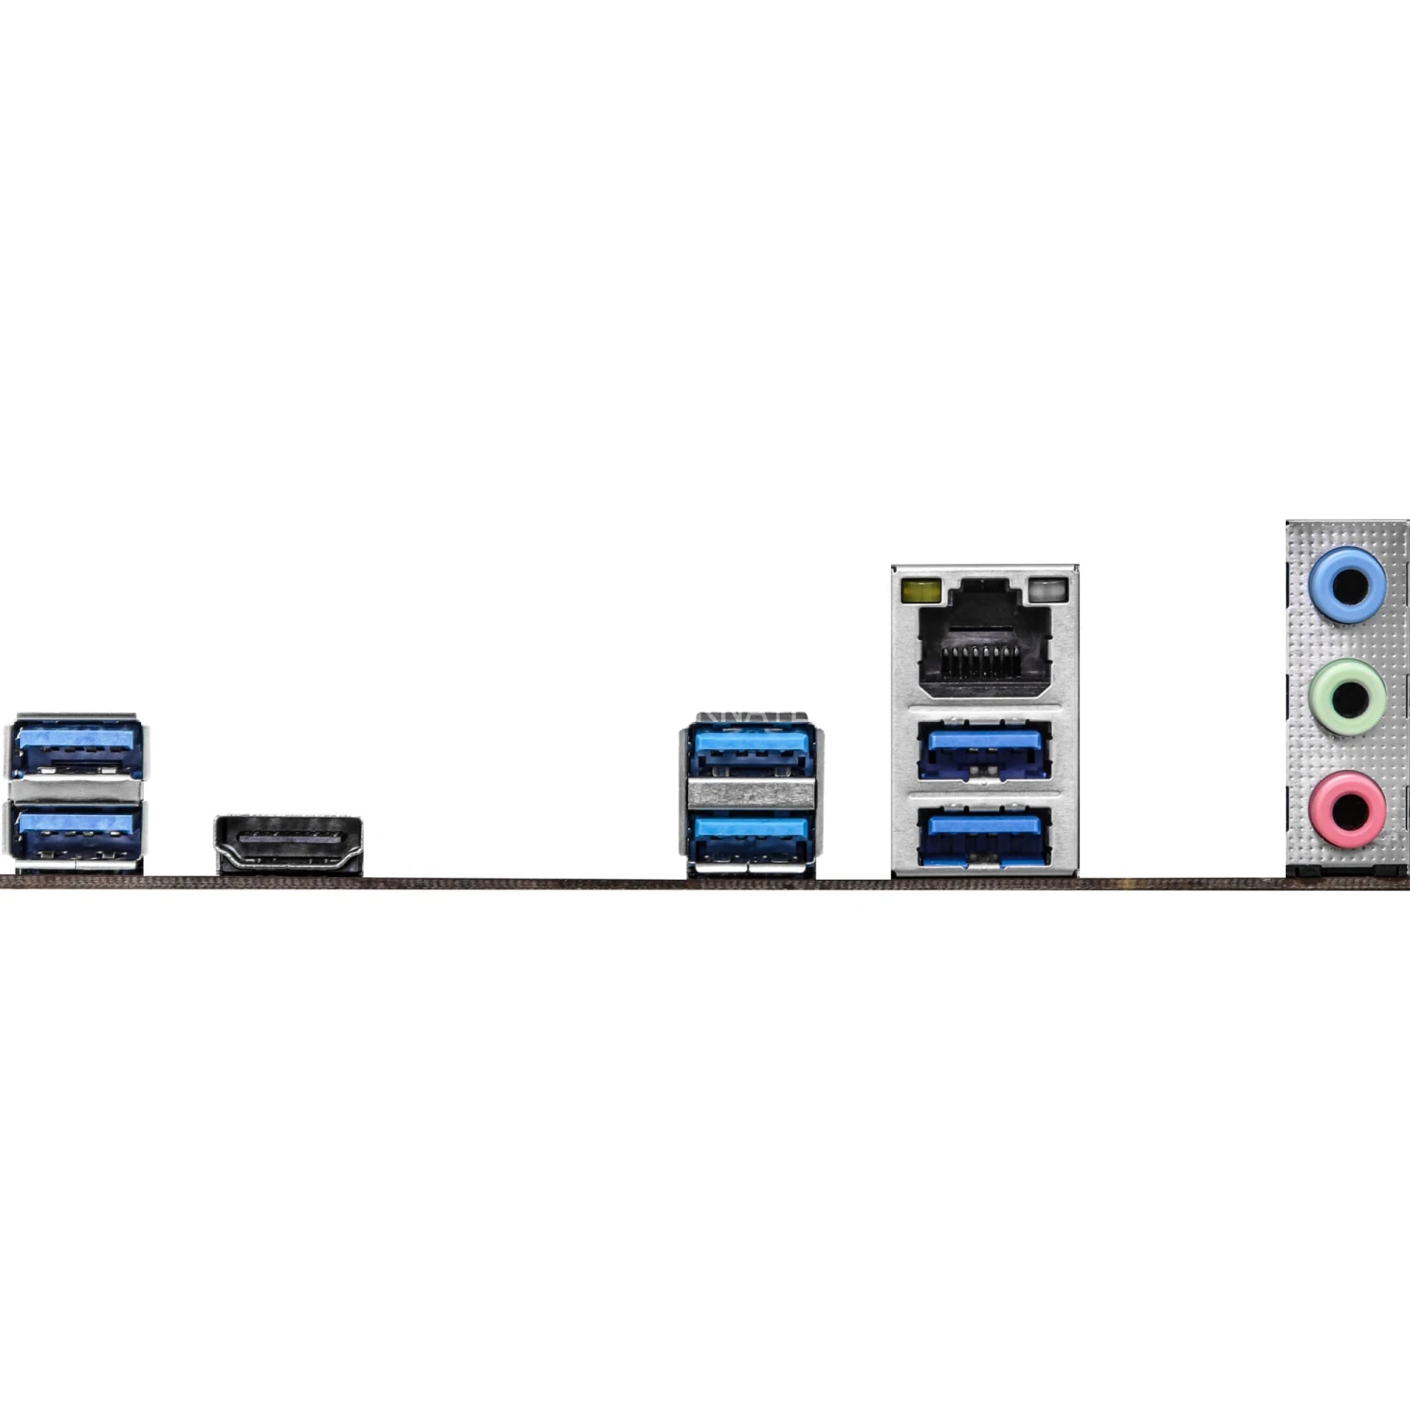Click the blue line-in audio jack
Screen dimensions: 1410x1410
coord(1348,584)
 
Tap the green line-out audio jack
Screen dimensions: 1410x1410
coord(1348,698)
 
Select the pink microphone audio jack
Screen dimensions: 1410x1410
coord(1348,808)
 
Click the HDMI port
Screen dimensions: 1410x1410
coord(289,843)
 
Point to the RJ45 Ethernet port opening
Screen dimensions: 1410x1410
coord(984,639)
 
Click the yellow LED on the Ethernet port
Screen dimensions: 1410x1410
coord(920,591)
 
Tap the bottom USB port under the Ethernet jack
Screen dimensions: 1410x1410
coord(984,836)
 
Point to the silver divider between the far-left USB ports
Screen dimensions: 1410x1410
coord(76,790)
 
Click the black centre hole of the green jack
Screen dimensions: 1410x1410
coord(1351,698)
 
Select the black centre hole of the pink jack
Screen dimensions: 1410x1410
coord(1351,808)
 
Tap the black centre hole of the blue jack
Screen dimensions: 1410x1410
coord(1351,585)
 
